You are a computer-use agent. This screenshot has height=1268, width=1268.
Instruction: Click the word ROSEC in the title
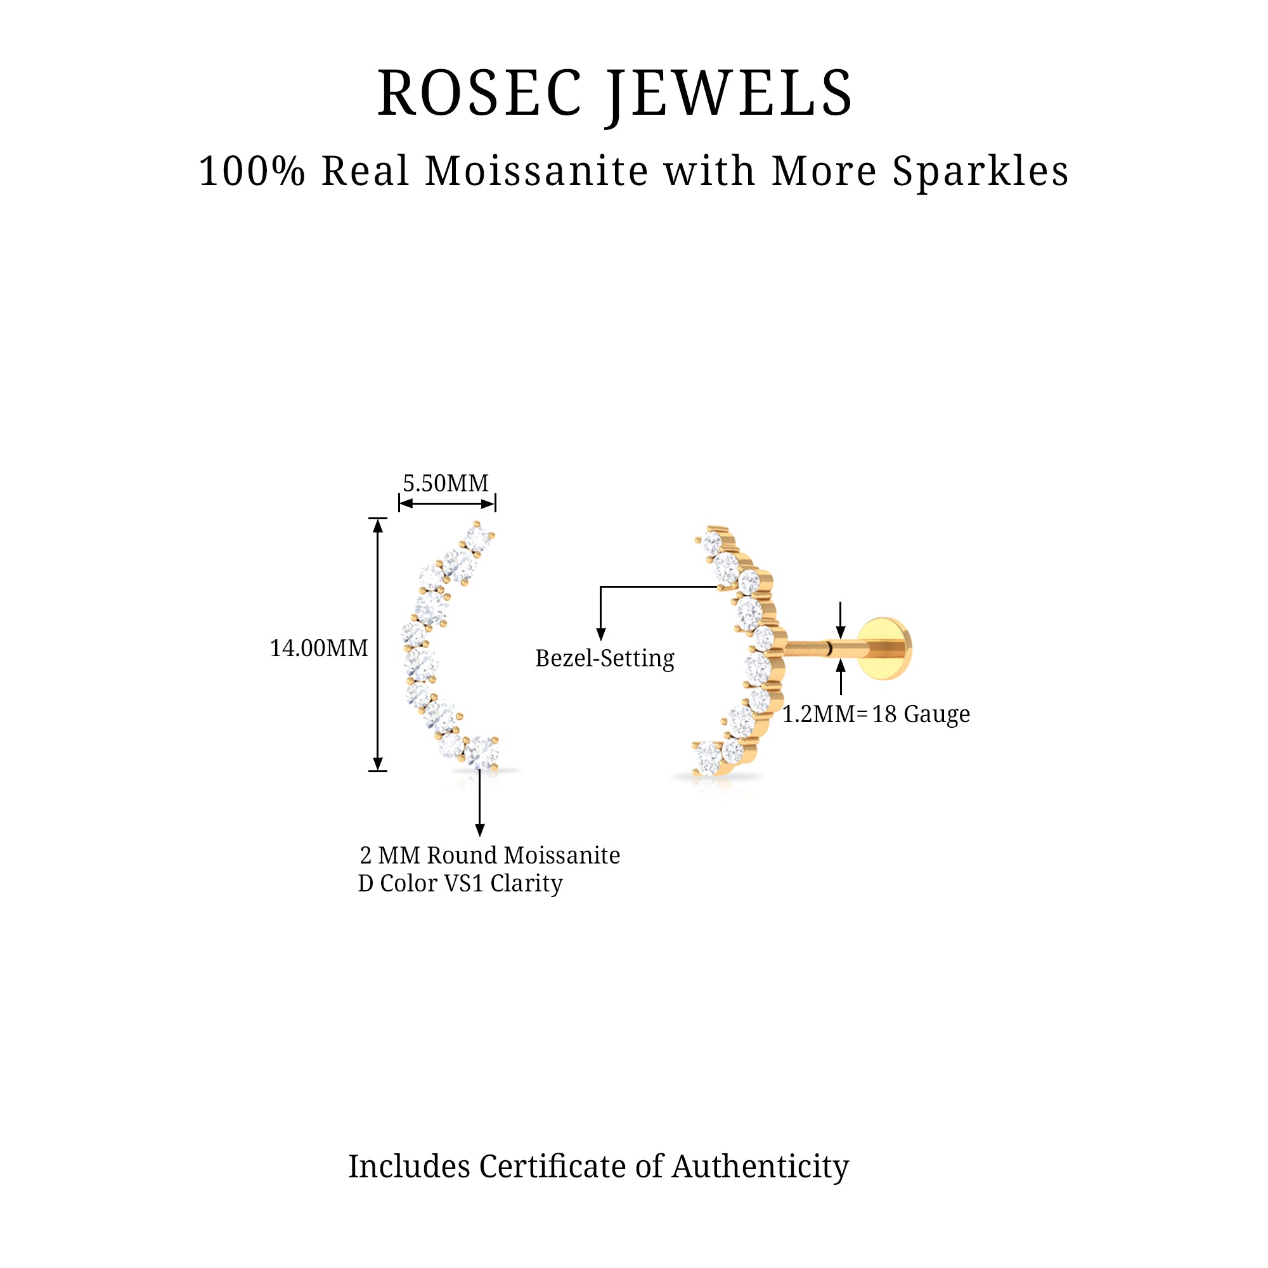(x=480, y=94)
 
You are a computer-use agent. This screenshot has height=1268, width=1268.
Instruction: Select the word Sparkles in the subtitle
(x=980, y=172)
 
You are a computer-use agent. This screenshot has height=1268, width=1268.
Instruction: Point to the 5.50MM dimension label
(x=446, y=484)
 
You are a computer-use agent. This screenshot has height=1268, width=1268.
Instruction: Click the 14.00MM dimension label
(x=319, y=649)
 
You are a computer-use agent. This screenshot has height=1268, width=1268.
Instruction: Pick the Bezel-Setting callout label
(x=604, y=658)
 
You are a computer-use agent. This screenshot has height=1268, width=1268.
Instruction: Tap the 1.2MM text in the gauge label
(x=818, y=714)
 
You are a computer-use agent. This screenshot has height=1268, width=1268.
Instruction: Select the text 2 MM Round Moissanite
(x=489, y=856)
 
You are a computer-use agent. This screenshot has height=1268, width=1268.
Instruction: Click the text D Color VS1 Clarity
(x=460, y=883)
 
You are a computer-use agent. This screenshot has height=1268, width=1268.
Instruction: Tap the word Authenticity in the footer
(x=760, y=1168)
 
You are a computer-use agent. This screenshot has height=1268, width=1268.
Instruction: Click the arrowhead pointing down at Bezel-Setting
(x=600, y=634)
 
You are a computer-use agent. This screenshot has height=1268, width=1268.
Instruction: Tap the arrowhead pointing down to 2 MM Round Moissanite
(x=480, y=831)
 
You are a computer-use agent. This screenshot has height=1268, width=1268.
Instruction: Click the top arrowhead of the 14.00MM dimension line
(x=377, y=525)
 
